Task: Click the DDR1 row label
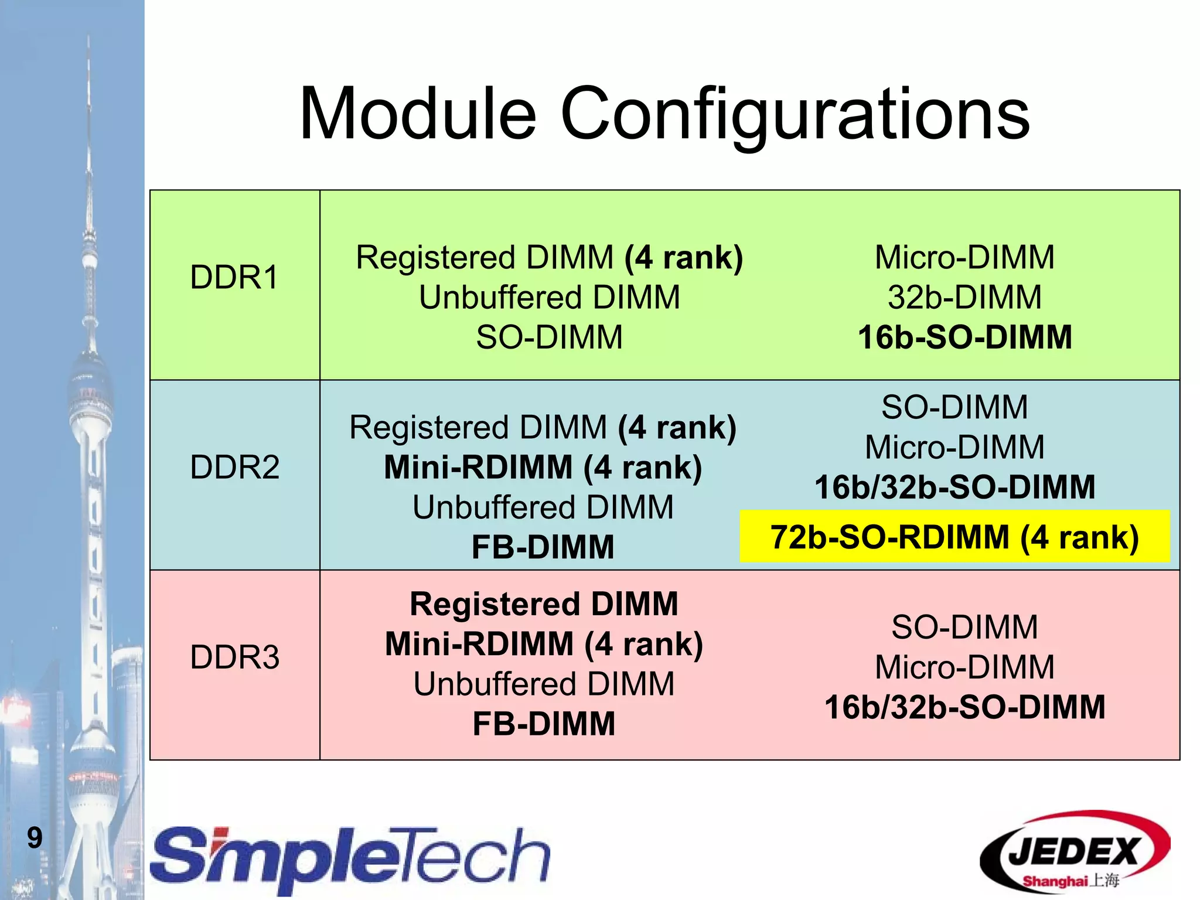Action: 234,277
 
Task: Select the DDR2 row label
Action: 234,467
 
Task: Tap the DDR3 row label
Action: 234,657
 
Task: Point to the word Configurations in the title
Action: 795,114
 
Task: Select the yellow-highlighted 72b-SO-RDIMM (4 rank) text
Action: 954,537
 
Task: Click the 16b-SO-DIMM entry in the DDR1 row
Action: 964,337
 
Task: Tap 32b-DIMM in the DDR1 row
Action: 964,297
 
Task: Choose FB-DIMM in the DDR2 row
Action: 543,547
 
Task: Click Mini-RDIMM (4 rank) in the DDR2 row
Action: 543,467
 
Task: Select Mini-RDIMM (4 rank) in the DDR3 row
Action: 544,643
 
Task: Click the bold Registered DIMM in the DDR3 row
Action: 544,604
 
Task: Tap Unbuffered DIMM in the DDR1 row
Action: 549,297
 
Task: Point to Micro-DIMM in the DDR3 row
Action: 964,667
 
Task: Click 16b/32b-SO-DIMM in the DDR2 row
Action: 954,487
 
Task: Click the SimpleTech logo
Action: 350,858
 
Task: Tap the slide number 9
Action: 35,837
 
